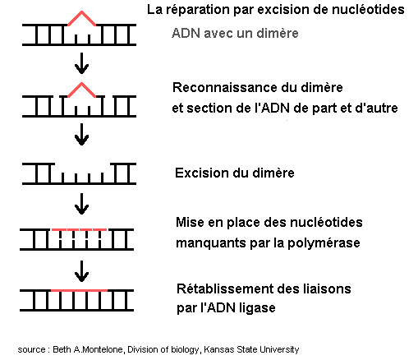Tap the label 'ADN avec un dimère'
tap(235, 34)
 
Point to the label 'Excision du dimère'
tap(235, 173)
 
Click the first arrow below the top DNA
tap(81, 63)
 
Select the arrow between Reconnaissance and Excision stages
tap(81, 134)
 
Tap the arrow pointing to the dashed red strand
tap(81, 204)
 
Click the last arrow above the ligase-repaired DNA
tap(81, 271)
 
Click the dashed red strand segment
tap(79, 229)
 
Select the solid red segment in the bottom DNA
tap(79, 290)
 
